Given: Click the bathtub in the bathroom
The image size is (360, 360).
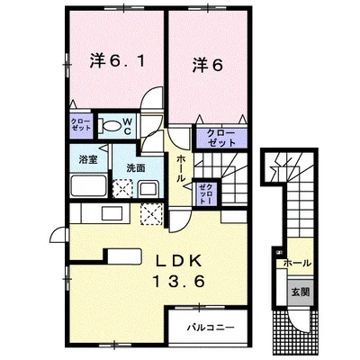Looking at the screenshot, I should (88, 189).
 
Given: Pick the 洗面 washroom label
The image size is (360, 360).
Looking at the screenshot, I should (135, 166).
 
